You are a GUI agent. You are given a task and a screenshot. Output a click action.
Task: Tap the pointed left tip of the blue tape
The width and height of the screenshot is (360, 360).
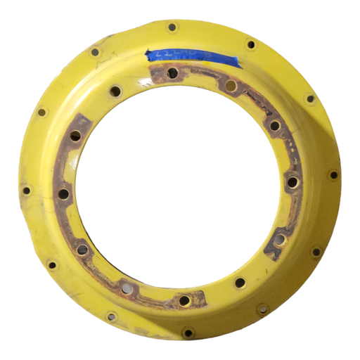146,54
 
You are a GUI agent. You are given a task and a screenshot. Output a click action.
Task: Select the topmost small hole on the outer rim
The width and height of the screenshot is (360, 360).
172,27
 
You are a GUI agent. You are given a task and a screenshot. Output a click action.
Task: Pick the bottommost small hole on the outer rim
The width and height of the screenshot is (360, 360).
188,332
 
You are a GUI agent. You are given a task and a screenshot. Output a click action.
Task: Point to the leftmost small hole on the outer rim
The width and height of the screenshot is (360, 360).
27,190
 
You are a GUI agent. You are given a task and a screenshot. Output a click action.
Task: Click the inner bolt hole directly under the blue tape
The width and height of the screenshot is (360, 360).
173,72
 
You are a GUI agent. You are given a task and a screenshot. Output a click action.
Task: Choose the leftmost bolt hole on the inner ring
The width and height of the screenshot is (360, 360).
64,193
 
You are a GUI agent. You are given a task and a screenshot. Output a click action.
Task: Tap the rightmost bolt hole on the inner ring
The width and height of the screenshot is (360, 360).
292,183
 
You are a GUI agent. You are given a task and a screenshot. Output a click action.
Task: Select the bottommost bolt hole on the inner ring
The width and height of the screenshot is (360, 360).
184,300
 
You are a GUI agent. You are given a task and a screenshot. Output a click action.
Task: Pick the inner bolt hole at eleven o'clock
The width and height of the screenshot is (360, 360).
115,91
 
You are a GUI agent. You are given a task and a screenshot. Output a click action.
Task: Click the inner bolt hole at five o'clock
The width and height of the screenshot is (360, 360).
240,283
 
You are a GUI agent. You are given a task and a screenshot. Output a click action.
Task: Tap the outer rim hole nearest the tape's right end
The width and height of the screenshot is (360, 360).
250,45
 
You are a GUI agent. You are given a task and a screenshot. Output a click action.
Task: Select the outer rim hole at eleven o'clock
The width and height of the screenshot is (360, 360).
96,51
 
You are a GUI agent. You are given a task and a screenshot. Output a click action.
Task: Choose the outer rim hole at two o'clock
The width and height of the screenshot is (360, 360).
309,98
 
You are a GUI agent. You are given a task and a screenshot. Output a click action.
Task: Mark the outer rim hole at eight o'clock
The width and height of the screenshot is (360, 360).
52,265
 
